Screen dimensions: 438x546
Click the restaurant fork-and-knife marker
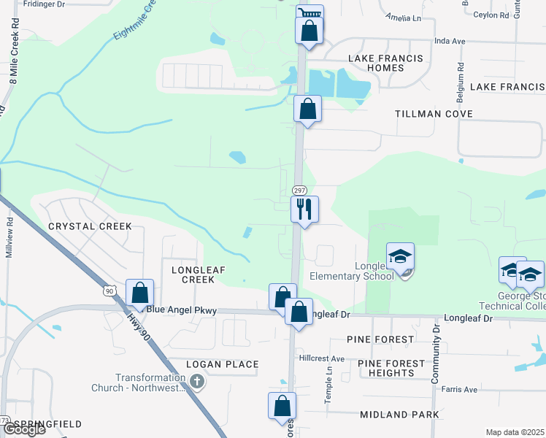tap(304, 210)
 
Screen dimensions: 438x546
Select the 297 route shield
tap(299, 190)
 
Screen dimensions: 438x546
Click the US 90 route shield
tap(109, 291)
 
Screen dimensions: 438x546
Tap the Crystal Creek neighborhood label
tap(91, 226)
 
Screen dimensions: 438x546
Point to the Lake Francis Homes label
tap(376, 63)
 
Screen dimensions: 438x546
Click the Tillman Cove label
tap(434, 114)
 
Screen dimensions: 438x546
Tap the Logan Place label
tap(223, 364)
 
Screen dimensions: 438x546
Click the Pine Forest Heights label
tap(391, 368)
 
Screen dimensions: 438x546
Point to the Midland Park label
tap(399, 415)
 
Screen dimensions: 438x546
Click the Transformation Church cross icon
tap(196, 381)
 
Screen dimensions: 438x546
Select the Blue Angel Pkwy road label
tap(182, 310)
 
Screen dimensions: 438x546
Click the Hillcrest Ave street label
tap(322, 358)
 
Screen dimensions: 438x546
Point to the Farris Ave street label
tap(460, 388)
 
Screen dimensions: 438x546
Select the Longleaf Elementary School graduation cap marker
tap(400, 257)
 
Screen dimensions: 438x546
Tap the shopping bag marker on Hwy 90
tap(139, 293)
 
